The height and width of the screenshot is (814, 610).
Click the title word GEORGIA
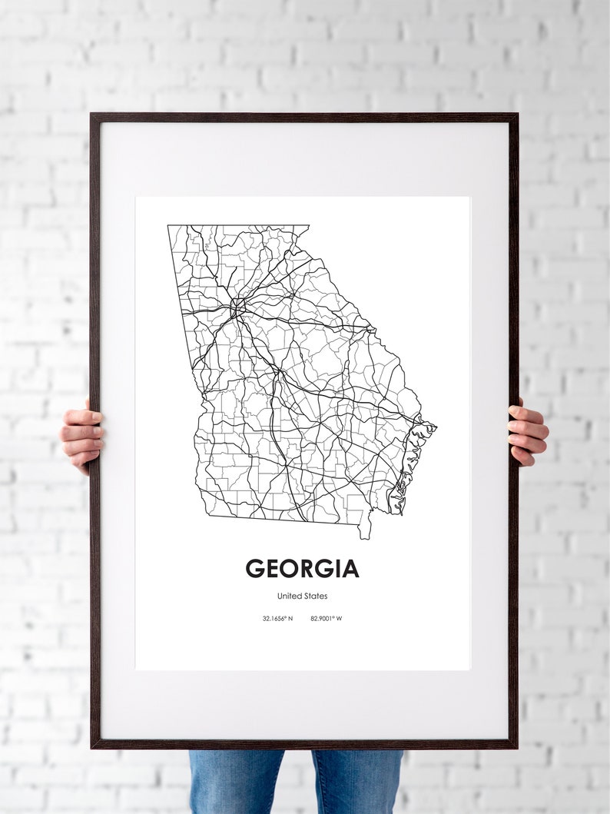tap(302, 568)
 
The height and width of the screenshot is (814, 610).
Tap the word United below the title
tap(289, 596)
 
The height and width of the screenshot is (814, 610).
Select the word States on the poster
tap(315, 596)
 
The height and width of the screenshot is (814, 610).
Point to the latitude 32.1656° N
tap(277, 618)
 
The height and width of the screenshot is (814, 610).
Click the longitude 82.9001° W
tap(326, 618)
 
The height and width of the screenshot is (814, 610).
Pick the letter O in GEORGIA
tap(291, 568)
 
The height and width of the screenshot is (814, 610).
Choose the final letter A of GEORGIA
tap(350, 568)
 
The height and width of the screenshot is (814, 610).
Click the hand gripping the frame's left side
tap(81, 434)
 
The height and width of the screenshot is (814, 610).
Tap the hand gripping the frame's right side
tap(528, 432)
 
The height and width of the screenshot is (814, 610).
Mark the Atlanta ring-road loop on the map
tap(237, 307)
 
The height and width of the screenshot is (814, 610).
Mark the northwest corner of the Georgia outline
tap(169, 226)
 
